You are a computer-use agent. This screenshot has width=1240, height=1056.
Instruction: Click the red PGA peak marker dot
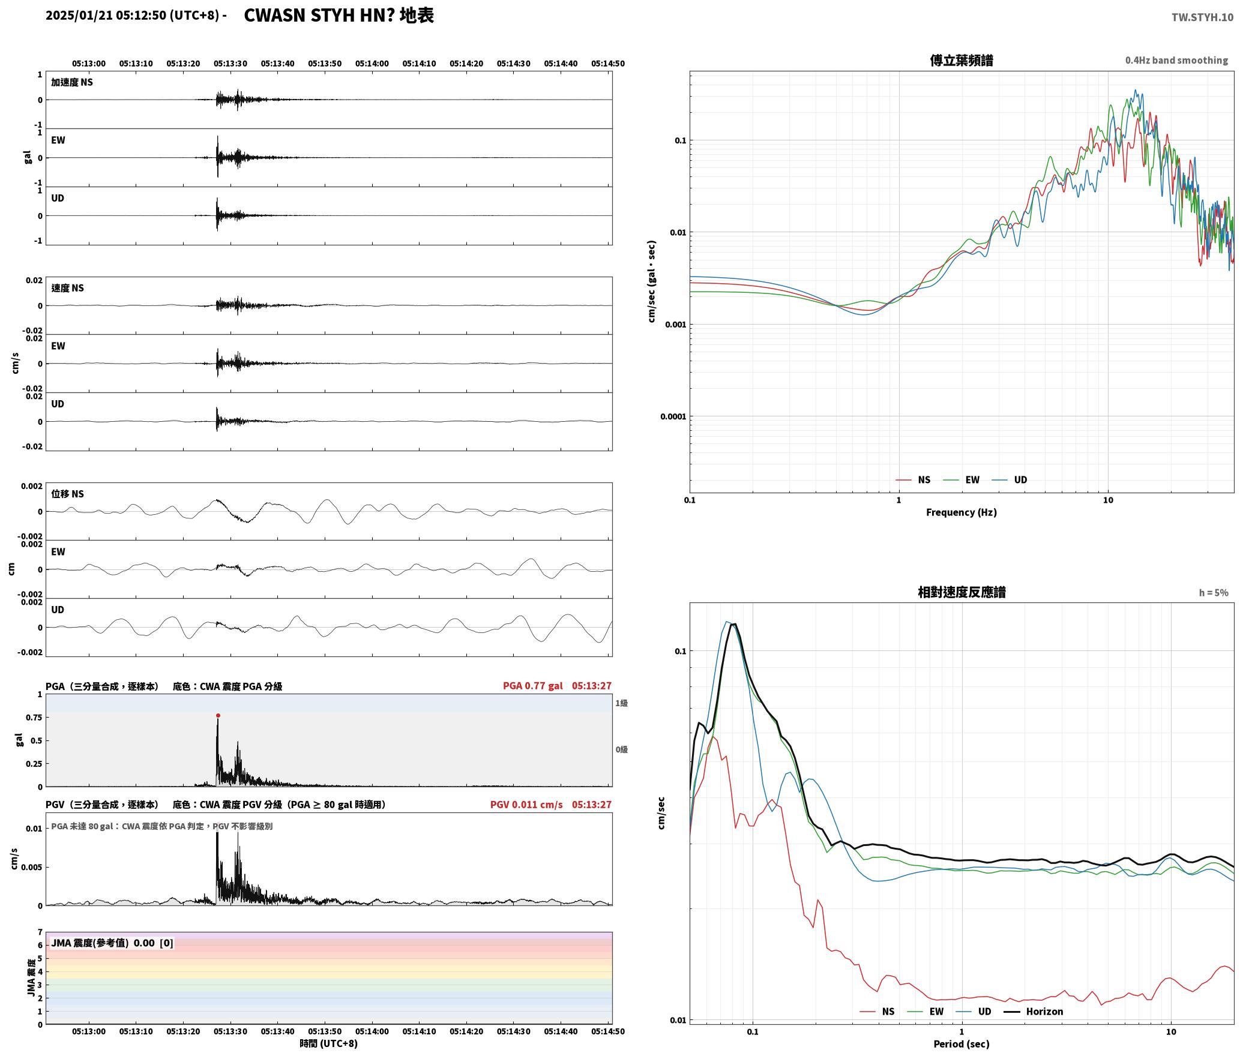point(218,715)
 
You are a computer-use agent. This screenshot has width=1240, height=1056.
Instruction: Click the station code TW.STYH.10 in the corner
point(1202,17)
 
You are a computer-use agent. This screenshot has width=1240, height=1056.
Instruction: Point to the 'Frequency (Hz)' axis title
point(961,512)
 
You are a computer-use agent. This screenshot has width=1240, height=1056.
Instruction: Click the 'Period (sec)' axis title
point(961,1043)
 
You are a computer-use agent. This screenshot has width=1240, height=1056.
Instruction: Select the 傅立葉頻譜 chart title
point(961,60)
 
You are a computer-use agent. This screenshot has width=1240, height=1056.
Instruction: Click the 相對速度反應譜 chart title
point(962,592)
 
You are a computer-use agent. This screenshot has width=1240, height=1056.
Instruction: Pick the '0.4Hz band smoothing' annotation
point(1176,60)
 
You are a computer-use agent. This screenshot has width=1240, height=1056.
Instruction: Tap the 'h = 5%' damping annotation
point(1214,592)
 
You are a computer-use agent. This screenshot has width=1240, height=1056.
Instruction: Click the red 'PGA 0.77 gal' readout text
point(533,685)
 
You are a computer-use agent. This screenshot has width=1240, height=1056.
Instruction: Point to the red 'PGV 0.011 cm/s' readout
point(526,804)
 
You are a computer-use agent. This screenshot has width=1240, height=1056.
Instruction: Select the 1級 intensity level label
point(621,703)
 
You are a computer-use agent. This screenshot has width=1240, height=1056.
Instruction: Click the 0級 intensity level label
point(621,749)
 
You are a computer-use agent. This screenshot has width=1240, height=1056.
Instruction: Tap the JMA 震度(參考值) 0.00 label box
point(112,943)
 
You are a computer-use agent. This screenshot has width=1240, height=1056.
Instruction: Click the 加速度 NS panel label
point(72,82)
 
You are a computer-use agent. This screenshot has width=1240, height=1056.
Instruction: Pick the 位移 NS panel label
point(67,493)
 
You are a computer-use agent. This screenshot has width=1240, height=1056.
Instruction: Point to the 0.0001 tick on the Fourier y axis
point(673,416)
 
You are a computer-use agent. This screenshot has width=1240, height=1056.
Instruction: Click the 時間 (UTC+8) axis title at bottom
point(328,1043)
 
